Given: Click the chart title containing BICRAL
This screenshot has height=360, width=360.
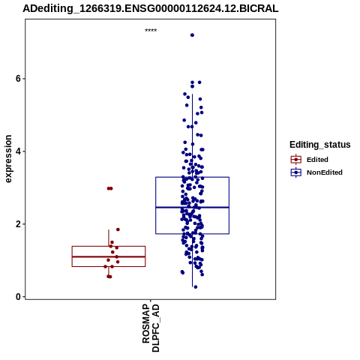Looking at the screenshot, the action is [151, 8].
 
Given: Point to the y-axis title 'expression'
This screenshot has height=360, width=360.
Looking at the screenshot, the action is [8, 159].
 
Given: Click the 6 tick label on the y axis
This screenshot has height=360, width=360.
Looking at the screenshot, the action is [18, 79].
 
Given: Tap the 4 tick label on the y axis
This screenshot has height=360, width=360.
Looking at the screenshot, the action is [18, 151].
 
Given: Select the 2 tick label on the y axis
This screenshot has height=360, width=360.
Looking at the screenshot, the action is [18, 224].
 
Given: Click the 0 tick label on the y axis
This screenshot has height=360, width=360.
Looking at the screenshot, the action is [18, 297].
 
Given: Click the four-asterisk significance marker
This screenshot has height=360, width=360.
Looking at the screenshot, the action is [151, 31].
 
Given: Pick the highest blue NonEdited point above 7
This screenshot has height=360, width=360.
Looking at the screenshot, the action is [192, 35].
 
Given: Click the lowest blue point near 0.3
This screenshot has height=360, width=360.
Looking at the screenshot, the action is [196, 287].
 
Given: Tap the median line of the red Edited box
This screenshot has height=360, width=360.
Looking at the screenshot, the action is [109, 256].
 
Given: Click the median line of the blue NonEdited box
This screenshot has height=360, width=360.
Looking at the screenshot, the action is [192, 207].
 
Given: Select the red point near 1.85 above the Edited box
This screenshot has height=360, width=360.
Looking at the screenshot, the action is [118, 229].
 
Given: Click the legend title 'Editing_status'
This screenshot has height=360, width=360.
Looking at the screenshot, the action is [320, 145].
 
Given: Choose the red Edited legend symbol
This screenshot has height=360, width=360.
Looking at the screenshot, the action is [296, 160].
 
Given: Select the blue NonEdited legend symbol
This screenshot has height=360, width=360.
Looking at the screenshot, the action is [296, 172].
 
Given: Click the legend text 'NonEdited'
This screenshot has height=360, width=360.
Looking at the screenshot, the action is [325, 172].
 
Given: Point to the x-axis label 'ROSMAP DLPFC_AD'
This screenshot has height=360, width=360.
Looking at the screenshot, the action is [151, 328].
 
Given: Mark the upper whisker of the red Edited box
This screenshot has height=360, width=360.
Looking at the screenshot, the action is [109, 238].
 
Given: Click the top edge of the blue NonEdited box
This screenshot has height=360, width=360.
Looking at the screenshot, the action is [192, 177].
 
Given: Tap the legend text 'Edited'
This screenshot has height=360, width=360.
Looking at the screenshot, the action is [317, 160].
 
